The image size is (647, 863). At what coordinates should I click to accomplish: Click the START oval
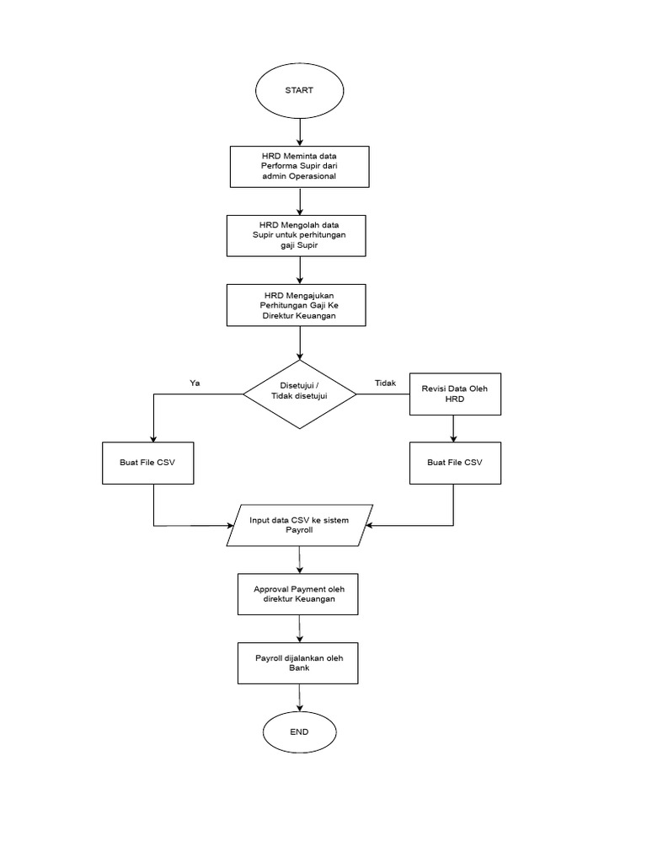pos(299,90)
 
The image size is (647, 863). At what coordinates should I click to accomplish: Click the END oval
pos(299,732)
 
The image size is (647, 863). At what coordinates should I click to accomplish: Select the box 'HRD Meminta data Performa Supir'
pos(299,166)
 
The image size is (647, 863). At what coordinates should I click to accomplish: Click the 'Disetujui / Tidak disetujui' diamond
pos(299,393)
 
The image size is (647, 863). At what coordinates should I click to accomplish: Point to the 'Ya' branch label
pos(195,383)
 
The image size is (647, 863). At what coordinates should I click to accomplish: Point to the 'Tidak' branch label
pos(386,383)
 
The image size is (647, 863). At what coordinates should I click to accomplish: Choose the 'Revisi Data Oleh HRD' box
pos(454,394)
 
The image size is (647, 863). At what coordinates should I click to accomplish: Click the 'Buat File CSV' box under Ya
pos(147,463)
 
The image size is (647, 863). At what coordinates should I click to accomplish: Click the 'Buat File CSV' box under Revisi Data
pos(454,463)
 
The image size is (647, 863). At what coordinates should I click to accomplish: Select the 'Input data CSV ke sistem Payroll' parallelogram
pos(299,525)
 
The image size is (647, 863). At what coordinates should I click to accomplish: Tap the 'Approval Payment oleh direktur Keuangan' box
pos(299,593)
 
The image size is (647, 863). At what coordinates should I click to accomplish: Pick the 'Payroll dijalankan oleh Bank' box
pos(299,662)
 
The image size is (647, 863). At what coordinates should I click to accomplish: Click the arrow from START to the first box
pos(300,131)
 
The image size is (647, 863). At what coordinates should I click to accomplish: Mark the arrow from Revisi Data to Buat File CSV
pos(454,428)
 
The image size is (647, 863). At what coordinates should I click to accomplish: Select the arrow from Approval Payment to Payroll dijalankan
pos(300,628)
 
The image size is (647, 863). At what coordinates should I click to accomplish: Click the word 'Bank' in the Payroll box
pos(299,667)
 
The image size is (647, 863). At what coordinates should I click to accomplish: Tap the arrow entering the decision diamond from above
pos(300,342)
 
